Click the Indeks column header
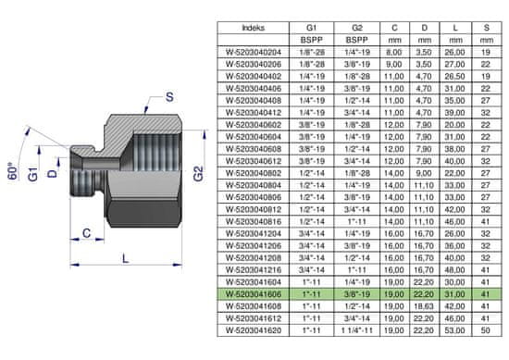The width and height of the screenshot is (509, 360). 254,28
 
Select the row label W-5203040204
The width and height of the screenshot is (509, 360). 254,52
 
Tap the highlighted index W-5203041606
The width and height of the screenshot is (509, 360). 254,294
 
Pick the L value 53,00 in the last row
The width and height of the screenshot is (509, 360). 454,330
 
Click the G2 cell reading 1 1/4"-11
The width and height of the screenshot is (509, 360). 356,330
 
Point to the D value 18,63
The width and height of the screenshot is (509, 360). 424,306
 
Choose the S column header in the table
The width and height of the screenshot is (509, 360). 486,28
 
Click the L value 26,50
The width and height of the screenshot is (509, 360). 454,77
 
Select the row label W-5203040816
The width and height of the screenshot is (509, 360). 254,222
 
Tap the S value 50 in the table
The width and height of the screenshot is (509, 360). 486,330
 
